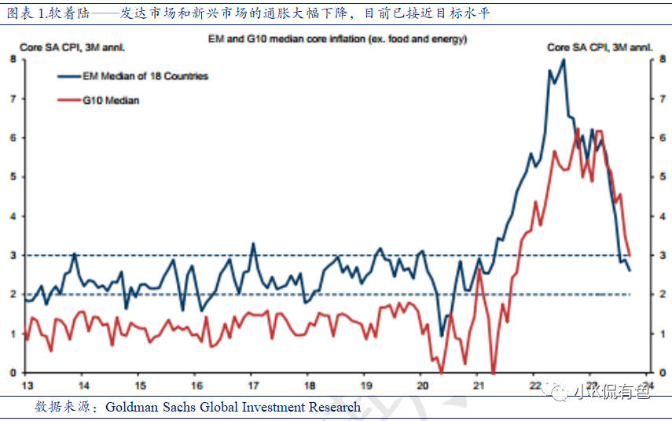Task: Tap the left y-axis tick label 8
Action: [13, 59]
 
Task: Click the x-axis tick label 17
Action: [253, 386]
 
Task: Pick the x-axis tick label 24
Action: [649, 386]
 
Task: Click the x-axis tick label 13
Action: [27, 386]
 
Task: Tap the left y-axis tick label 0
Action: [13, 372]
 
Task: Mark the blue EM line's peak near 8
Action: [563, 60]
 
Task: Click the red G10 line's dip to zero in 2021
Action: [493, 371]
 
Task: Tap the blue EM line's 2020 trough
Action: [442, 336]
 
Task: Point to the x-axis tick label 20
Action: [423, 386]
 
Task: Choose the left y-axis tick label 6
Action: [13, 138]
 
